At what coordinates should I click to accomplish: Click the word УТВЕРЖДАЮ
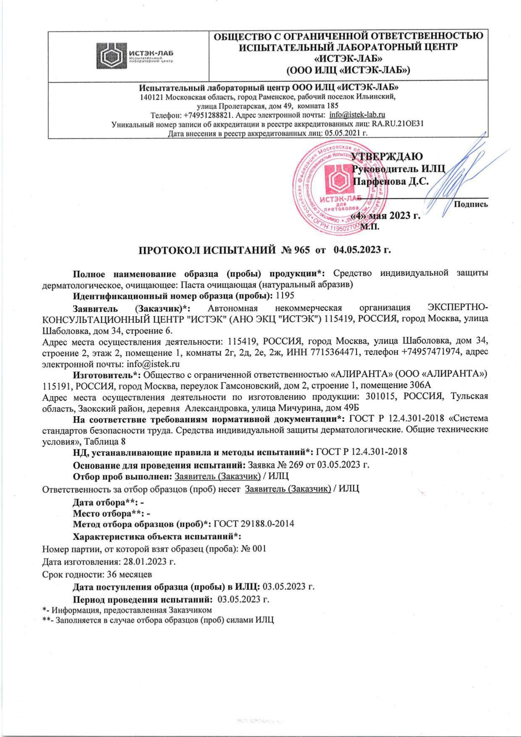(x=387, y=157)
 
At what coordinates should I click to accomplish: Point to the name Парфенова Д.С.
(x=390, y=181)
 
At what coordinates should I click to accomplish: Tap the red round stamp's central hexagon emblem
(x=338, y=179)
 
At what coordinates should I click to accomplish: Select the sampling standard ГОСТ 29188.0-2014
(x=254, y=524)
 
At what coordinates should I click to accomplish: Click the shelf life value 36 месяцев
(x=130, y=574)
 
